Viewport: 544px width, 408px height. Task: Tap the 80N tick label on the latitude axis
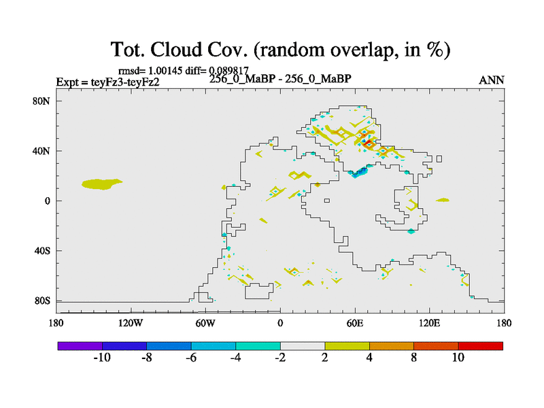pyautogui.click(x=43, y=101)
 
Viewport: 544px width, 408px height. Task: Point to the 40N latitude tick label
pyautogui.click(x=43, y=151)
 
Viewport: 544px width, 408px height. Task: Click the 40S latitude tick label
pyautogui.click(x=43, y=251)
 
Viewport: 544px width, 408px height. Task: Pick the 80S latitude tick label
pyautogui.click(x=43, y=301)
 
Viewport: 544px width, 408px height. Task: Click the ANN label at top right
pyautogui.click(x=492, y=80)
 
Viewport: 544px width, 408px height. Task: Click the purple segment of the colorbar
pyautogui.click(x=80, y=346)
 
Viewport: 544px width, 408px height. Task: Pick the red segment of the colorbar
pyautogui.click(x=481, y=346)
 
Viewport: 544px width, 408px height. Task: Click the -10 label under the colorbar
pyautogui.click(x=102, y=358)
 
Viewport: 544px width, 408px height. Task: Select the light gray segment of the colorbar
pyautogui.click(x=303, y=346)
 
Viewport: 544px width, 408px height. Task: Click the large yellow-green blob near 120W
pyautogui.click(x=101, y=183)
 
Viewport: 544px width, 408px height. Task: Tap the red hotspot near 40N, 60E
pyautogui.click(x=369, y=143)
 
